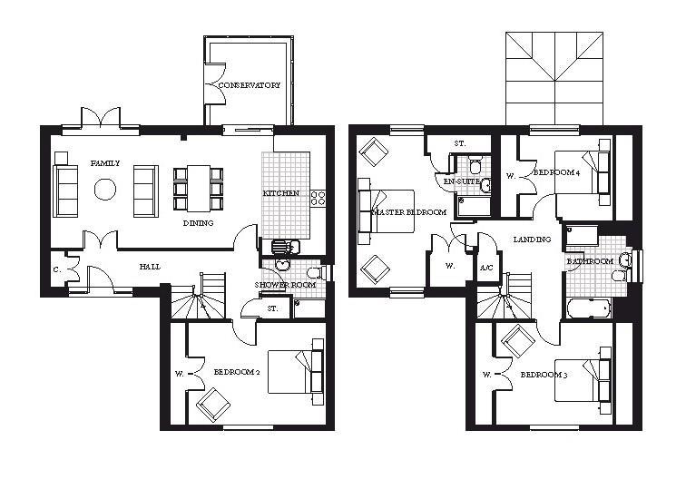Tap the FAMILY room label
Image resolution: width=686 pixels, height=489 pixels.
pyautogui.click(x=105, y=163)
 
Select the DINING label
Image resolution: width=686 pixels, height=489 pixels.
pyautogui.click(x=198, y=223)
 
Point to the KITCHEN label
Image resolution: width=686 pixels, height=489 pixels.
pyautogui.click(x=281, y=194)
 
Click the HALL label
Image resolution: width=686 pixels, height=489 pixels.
pyautogui.click(x=151, y=267)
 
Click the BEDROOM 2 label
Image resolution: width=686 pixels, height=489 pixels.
pyautogui.click(x=238, y=373)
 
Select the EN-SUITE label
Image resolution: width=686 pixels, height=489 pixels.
pyautogui.click(x=459, y=181)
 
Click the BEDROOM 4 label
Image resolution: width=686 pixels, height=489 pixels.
pyautogui.click(x=556, y=172)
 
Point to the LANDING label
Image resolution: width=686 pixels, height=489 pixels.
pyautogui.click(x=531, y=240)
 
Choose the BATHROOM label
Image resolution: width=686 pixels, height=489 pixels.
pyautogui.click(x=590, y=261)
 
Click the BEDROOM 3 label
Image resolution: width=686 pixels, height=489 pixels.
pyautogui.click(x=544, y=374)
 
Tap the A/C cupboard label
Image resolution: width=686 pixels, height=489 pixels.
pyautogui.click(x=486, y=268)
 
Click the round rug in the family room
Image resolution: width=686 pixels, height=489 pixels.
pyautogui.click(x=105, y=190)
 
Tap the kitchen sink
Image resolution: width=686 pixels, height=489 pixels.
pyautogui.click(x=282, y=246)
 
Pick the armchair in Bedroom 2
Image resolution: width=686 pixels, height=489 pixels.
pyautogui.click(x=214, y=403)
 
